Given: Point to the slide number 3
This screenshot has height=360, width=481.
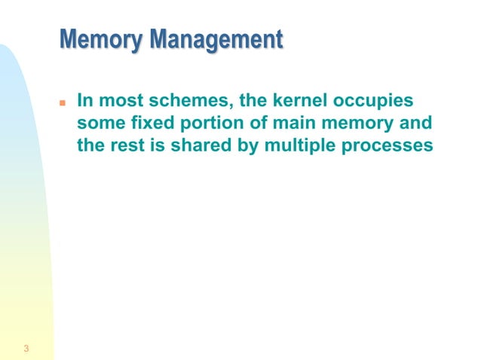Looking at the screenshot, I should click(26, 348).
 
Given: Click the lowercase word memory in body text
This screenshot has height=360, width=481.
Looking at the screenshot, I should click(339, 123).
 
